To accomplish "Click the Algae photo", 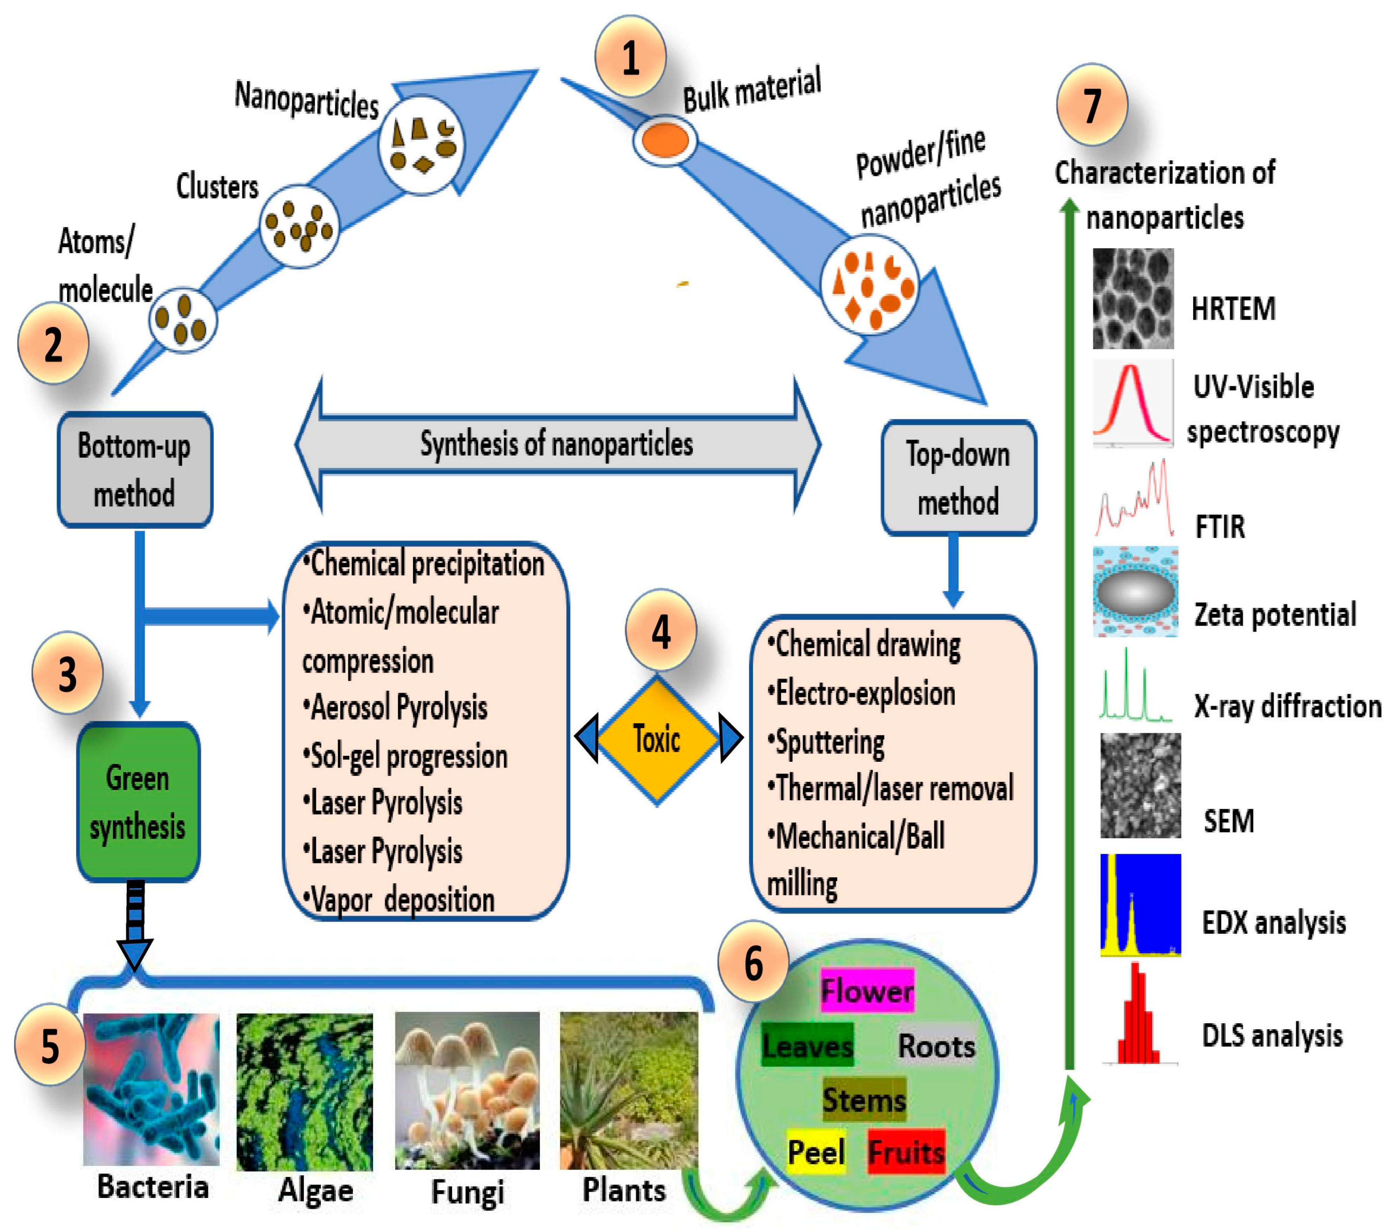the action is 305,1092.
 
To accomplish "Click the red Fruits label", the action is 907,1152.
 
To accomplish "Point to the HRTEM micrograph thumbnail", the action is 1133,298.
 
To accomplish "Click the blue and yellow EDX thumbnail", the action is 1140,904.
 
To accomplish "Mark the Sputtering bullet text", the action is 826,742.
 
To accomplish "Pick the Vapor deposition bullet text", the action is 399,900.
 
